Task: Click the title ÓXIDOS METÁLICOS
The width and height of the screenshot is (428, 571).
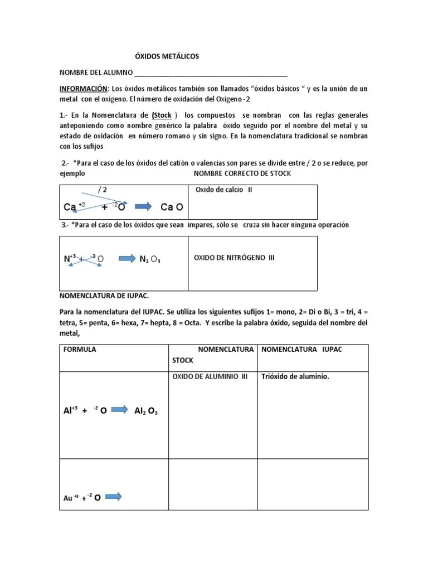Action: click(x=167, y=56)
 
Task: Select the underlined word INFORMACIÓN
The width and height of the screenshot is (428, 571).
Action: click(x=84, y=89)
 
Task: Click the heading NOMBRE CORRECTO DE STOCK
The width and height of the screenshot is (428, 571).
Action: click(x=242, y=174)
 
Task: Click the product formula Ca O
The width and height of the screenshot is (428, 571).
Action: click(x=172, y=207)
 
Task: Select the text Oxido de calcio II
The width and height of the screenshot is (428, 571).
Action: click(x=224, y=190)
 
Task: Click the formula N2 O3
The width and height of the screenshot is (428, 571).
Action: click(x=150, y=259)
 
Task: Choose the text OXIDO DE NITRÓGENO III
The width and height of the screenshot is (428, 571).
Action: click(x=234, y=258)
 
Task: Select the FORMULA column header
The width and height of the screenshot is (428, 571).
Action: click(x=80, y=349)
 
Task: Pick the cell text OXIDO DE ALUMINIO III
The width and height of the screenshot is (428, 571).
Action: click(x=210, y=376)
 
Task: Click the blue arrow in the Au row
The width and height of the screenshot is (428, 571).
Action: click(x=113, y=496)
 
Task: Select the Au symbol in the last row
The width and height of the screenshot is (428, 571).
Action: click(x=68, y=498)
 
